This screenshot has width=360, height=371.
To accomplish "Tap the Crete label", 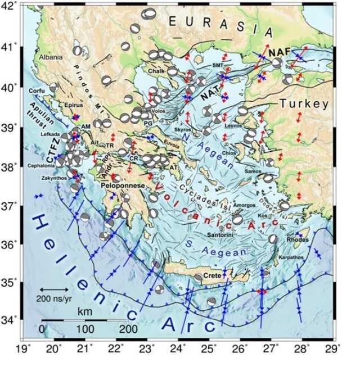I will pyautogui.click(x=212, y=275).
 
